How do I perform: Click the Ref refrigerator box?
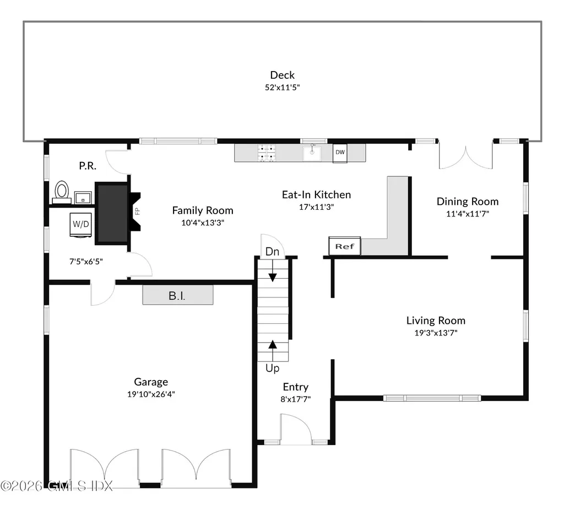345,246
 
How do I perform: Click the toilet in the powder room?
61,192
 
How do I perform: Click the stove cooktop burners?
268,153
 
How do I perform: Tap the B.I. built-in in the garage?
177,296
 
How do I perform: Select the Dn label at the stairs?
272,252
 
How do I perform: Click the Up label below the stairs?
273,368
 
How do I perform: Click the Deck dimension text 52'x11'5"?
282,87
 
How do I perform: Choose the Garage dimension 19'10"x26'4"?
151,394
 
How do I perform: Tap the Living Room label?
436,320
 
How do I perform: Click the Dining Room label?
467,201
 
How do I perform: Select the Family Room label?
202,210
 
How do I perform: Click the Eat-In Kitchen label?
316,194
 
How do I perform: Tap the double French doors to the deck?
465,157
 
